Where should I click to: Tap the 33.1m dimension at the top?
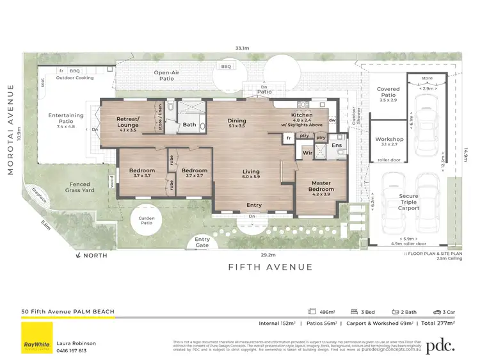pyautogui.click(x=242, y=47)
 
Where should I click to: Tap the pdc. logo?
pyautogui.click(x=441, y=345)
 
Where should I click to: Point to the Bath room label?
pyautogui.click(x=189, y=124)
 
